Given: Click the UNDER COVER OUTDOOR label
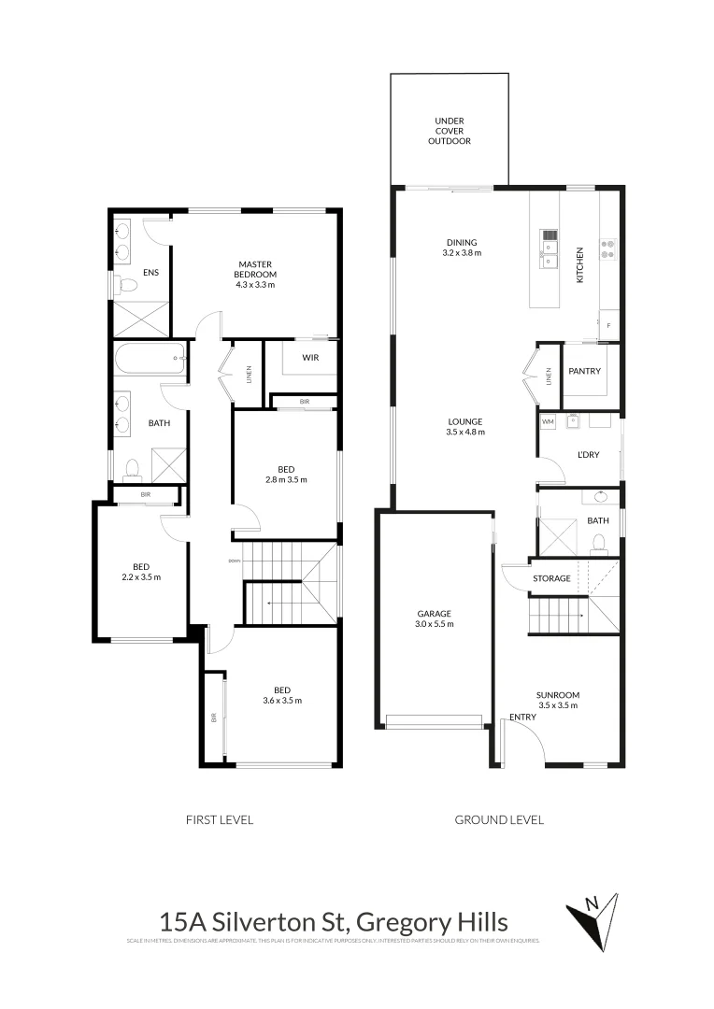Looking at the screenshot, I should point(450,131).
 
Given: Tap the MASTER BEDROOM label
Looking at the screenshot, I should point(255,268).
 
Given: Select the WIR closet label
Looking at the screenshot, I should point(312,358).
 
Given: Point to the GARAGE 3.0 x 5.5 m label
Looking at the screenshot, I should point(436,618).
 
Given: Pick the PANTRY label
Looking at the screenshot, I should point(584,372).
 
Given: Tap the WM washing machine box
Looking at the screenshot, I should point(548,422).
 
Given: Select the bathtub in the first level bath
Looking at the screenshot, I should point(150,358).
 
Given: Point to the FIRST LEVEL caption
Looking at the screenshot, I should point(221,819).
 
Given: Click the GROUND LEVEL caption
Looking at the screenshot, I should point(499,819).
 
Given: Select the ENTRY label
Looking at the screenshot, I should point(522,718).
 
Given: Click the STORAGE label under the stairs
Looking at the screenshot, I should point(551,578).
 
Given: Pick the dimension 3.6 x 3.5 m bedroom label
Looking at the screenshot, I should point(282,700).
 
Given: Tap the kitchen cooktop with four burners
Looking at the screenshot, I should point(608,249).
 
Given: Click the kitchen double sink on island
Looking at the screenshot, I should point(550,242).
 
